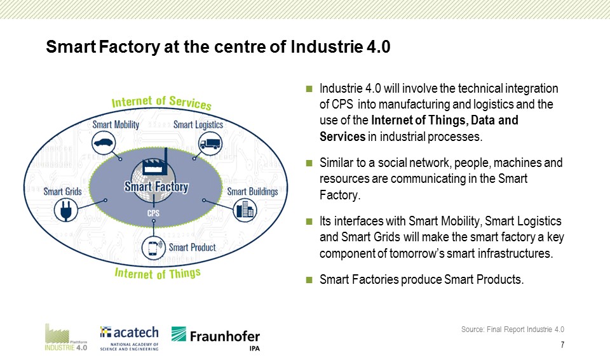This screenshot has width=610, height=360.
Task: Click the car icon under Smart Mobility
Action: [x=104, y=143]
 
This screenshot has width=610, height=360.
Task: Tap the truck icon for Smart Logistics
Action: [x=210, y=143]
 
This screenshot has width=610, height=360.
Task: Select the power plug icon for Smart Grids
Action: [x=65, y=210]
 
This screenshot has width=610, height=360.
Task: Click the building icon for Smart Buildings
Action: [x=245, y=210]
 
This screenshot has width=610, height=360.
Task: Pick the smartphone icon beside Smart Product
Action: [x=154, y=248]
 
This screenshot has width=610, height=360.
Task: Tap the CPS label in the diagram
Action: [x=153, y=213]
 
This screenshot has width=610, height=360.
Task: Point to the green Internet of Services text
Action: [x=161, y=102]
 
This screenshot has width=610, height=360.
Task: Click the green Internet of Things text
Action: [x=158, y=274]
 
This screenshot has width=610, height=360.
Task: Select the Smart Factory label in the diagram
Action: [x=156, y=187]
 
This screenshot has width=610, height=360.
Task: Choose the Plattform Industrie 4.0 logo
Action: [x=65, y=337]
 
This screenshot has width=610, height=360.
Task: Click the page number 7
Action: [x=562, y=345]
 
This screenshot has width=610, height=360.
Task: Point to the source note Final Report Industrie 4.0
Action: [x=513, y=330]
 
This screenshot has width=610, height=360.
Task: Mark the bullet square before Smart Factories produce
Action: [x=309, y=279]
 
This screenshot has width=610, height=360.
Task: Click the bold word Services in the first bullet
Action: [x=342, y=137]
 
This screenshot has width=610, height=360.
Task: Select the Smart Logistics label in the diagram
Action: [x=198, y=125]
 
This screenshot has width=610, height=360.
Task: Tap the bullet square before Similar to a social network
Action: [x=309, y=163]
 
